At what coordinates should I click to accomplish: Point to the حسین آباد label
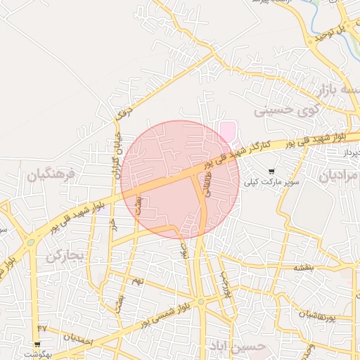pos(238,346)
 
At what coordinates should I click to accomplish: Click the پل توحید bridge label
pos(333,29)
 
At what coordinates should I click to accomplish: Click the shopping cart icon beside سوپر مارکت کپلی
pos(272,171)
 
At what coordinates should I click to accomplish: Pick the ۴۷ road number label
pos(41,328)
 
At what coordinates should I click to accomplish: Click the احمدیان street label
pos(77,337)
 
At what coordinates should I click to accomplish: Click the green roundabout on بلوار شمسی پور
pos(200,302)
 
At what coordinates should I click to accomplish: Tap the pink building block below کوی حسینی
pos(228,131)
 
